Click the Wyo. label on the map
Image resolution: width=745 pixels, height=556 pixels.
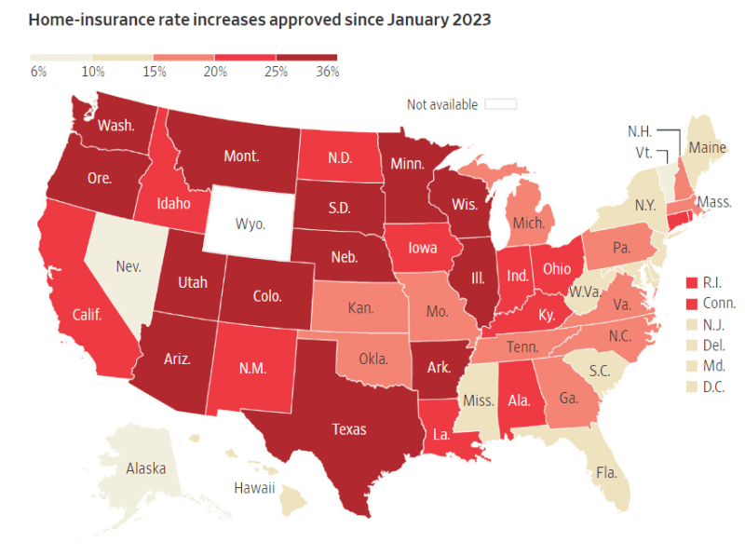(250, 224)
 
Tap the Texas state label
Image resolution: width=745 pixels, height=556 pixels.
(350, 429)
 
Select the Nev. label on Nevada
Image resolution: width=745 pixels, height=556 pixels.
(129, 266)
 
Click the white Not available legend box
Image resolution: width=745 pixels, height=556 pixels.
(499, 104)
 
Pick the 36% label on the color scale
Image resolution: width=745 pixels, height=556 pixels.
(326, 71)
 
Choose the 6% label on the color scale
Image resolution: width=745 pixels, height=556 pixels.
(39, 71)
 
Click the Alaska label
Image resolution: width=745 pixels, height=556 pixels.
(146, 468)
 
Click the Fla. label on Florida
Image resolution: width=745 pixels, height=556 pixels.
(605, 472)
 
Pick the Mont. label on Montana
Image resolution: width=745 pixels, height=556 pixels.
(241, 156)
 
